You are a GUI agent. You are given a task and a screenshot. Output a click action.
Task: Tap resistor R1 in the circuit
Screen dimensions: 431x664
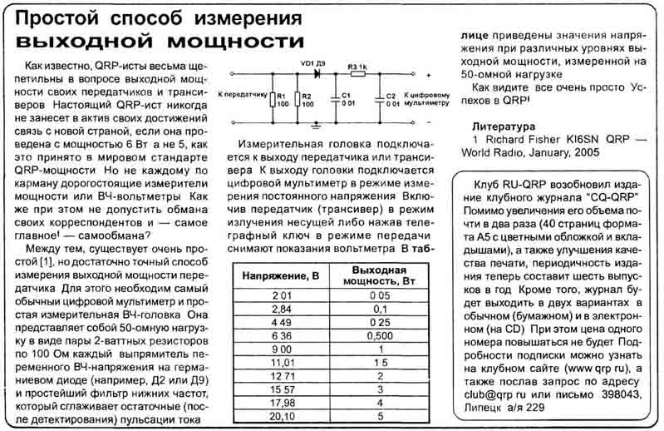(x=271, y=100)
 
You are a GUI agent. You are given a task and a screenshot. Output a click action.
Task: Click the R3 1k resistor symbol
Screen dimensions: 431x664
(x=358, y=75)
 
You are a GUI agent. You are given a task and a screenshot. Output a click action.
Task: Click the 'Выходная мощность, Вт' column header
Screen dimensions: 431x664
(x=379, y=275)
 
